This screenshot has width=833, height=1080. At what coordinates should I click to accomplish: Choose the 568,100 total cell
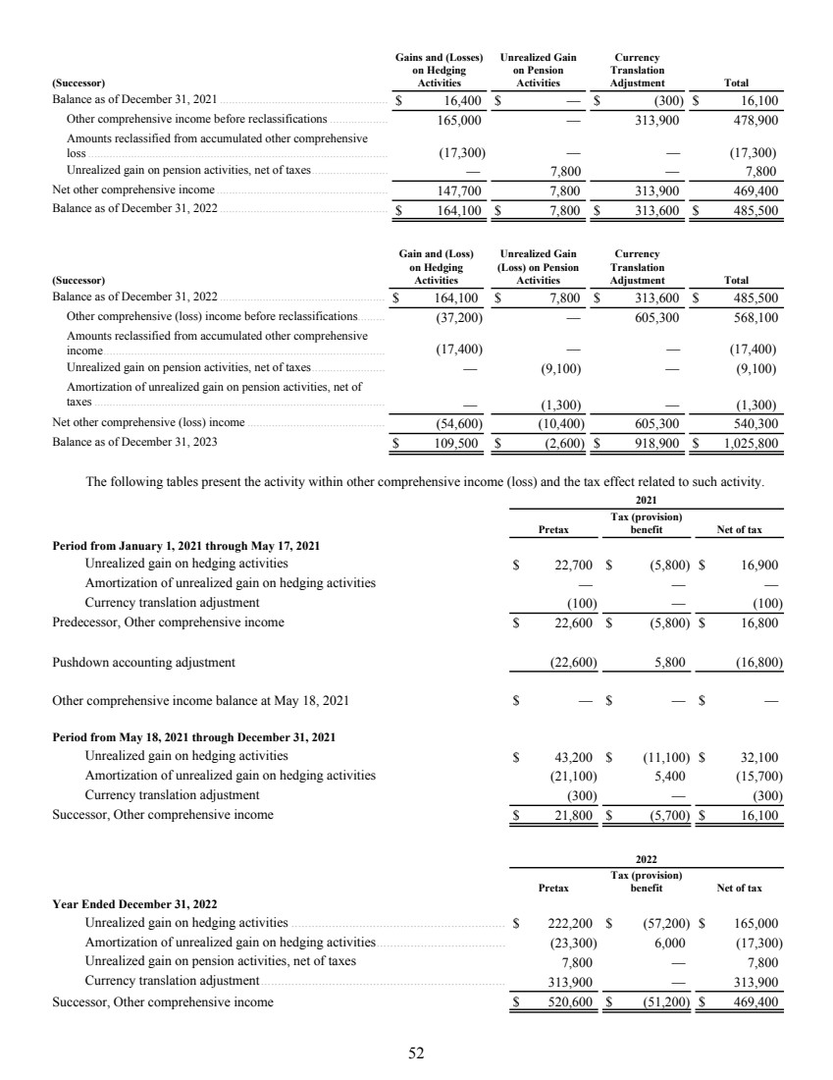coord(755,317)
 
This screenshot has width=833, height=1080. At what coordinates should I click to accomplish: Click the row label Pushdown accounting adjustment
coord(143,662)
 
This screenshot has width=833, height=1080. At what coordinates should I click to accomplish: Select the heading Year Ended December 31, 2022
coord(134,903)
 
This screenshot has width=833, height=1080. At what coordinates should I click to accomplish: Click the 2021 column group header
coord(645,499)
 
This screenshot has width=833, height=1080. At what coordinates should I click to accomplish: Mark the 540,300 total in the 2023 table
coord(755,424)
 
